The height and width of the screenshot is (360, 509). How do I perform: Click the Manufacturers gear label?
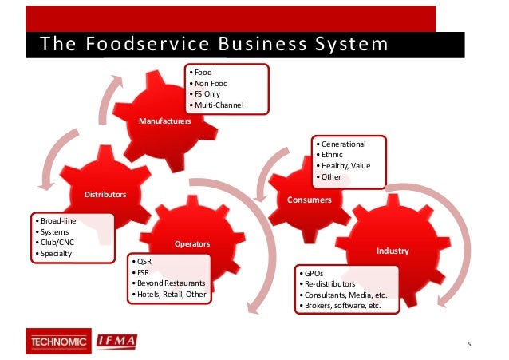click(x=164, y=121)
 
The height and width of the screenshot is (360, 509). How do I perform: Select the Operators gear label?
click(x=191, y=243)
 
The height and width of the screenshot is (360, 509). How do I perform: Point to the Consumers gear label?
click(x=309, y=200)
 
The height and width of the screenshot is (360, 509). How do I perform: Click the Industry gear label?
click(x=392, y=251)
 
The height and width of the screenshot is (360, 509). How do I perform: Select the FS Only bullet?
click(x=210, y=94)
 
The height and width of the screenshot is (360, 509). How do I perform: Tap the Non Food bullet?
click(x=212, y=83)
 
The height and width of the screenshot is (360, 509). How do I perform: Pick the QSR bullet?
click(x=144, y=260)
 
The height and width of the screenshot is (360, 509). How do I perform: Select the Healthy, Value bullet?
click(x=345, y=165)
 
